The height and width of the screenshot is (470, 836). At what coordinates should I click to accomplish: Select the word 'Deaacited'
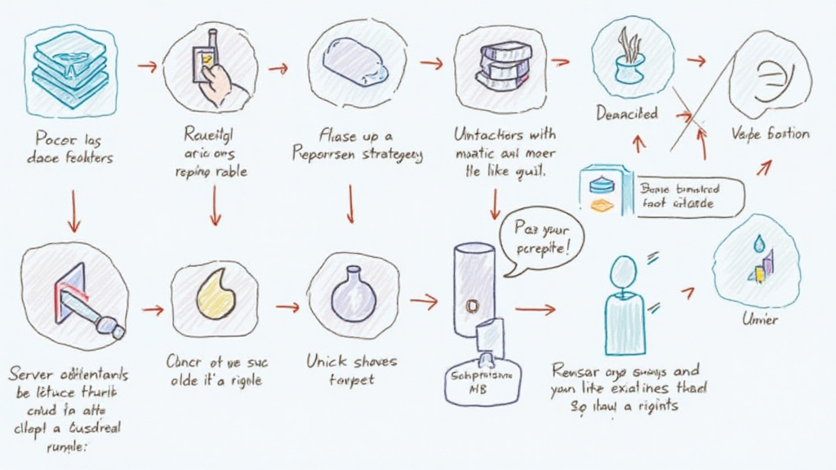(x=627, y=114)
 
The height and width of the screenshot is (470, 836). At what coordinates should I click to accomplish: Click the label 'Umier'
(x=759, y=319)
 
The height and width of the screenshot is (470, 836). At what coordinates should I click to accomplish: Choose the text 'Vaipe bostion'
(x=771, y=134)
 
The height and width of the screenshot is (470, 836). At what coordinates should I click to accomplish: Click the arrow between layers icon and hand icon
(x=147, y=66)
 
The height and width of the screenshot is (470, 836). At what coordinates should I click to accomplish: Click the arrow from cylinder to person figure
(x=535, y=309)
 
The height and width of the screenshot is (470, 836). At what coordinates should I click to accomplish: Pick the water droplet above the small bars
(x=760, y=242)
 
